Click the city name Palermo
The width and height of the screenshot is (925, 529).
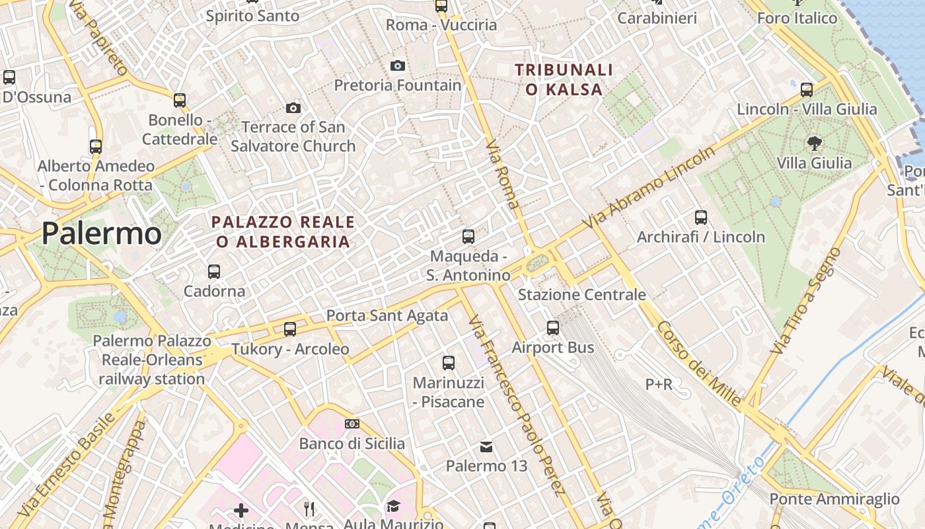(x=102, y=234)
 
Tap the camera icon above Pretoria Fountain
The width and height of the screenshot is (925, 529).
(x=397, y=65)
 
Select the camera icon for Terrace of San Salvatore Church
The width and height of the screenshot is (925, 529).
(x=293, y=108)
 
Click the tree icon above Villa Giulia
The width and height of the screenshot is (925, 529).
(x=814, y=142)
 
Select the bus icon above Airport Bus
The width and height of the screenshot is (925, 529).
(x=553, y=327)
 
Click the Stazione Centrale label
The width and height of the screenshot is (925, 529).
(x=581, y=294)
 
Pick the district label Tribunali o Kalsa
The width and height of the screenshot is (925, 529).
(x=564, y=79)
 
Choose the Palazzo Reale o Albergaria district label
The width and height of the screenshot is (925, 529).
(x=283, y=231)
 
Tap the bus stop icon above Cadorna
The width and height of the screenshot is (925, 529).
(x=213, y=271)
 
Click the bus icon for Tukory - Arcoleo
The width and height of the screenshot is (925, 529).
(x=289, y=329)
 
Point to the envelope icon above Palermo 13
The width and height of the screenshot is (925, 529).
(x=486, y=447)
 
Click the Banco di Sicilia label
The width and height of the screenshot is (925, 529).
(x=352, y=443)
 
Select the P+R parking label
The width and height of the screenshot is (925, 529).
(x=659, y=384)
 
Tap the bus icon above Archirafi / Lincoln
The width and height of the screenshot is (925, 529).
(x=700, y=217)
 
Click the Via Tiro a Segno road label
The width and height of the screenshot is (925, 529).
(x=807, y=301)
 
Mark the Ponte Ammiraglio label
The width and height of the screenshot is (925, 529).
(x=834, y=499)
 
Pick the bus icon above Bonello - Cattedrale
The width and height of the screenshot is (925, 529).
(x=180, y=101)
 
